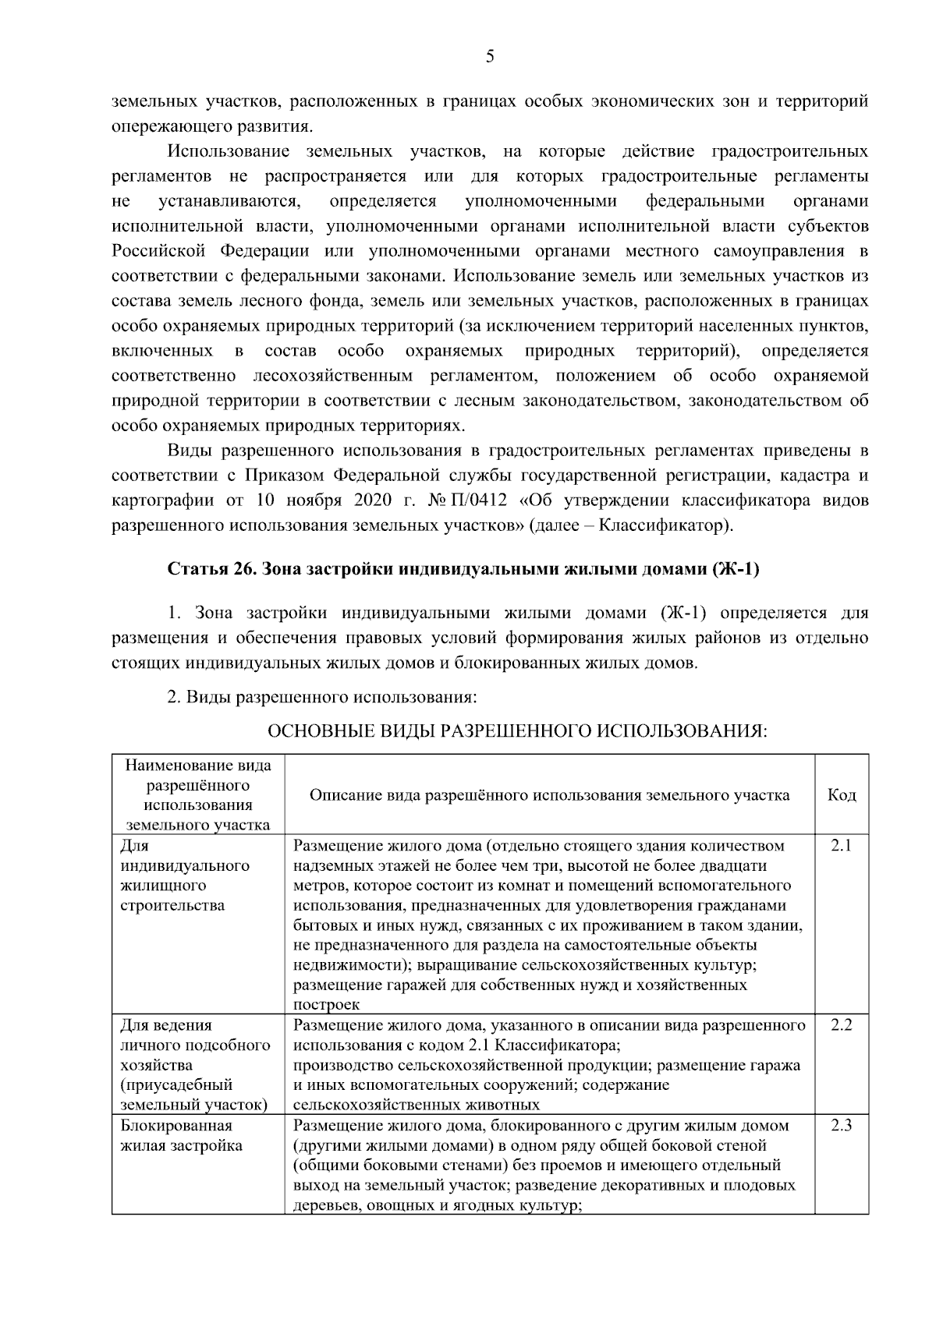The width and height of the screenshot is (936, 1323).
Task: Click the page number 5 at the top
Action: (x=490, y=56)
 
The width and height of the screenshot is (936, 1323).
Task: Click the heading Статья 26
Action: (x=207, y=569)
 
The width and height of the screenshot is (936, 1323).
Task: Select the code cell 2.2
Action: (x=841, y=1024)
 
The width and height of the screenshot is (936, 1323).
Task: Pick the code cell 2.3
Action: (x=841, y=1125)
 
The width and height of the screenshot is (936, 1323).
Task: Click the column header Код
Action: (x=841, y=795)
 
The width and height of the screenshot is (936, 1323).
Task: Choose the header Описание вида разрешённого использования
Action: (x=549, y=795)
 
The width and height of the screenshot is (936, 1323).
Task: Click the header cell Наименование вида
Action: (x=198, y=766)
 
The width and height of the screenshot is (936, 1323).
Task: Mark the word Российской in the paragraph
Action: (x=158, y=251)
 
